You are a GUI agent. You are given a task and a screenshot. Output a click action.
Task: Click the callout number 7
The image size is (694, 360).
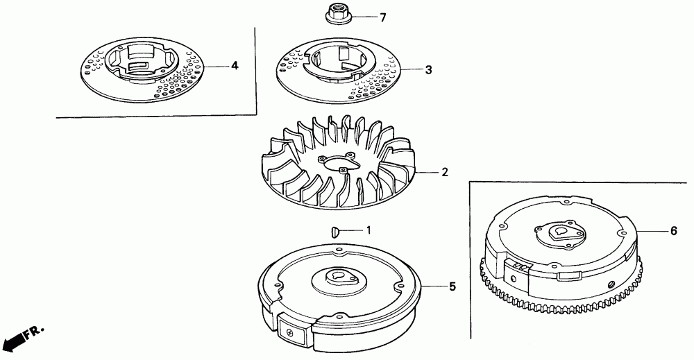click(383, 18)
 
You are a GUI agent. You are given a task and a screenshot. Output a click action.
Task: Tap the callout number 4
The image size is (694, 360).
click(235, 66)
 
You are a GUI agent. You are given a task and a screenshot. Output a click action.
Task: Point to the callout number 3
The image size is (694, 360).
click(428, 70)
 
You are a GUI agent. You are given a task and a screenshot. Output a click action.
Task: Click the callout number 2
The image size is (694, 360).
click(445, 172)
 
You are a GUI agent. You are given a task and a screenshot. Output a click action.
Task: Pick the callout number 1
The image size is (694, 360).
click(369, 230)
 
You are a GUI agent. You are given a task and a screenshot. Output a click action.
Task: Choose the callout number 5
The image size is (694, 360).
click(452, 286)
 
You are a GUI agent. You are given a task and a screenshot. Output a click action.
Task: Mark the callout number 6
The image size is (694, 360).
click(674, 231)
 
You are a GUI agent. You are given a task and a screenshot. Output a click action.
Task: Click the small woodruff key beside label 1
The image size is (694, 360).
click(335, 231)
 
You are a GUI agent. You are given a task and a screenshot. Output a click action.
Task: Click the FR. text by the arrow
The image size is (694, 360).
click(34, 331)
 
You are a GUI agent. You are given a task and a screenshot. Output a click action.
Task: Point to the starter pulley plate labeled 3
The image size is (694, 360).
click(339, 71)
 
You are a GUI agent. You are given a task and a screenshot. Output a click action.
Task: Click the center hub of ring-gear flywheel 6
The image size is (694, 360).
click(559, 233)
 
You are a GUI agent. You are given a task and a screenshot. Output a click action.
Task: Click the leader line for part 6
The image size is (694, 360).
click(652, 231)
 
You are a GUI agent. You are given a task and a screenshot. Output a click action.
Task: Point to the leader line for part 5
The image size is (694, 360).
click(434, 287)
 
